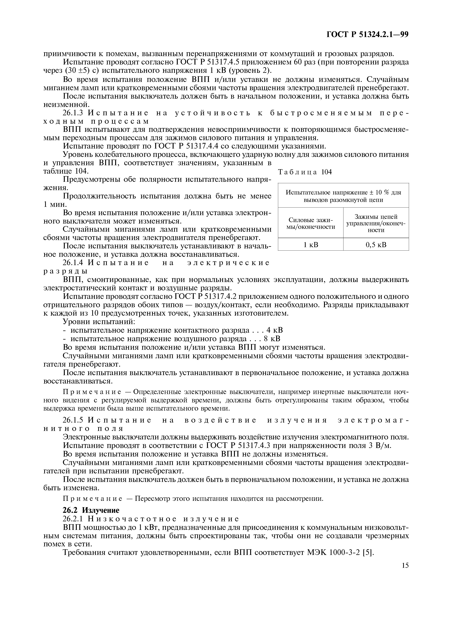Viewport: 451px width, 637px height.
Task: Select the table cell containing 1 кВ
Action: [311, 244]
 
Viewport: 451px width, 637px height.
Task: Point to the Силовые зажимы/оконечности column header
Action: [311, 223]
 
